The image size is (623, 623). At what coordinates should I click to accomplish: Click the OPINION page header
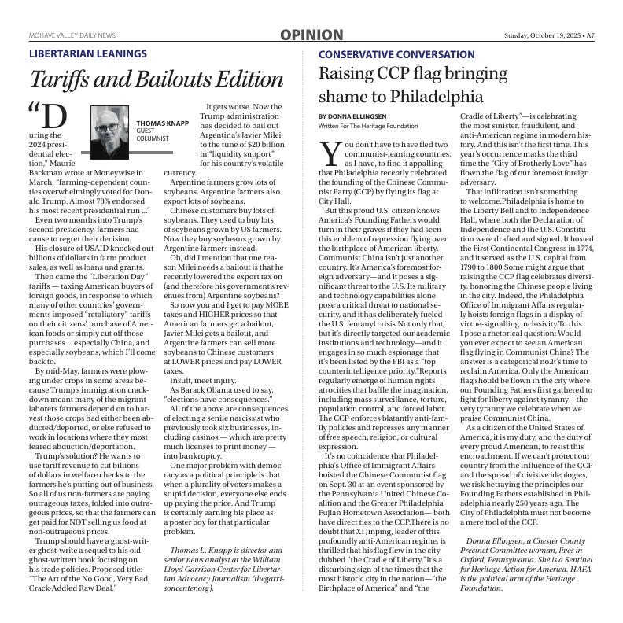tap(311, 35)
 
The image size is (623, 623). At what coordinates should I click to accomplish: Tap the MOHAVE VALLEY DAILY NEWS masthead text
tap(72, 35)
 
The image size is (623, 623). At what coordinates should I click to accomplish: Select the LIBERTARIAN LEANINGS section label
tap(87, 54)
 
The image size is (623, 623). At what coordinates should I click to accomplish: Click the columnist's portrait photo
tap(109, 131)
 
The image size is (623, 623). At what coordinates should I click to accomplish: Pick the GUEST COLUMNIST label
tap(153, 135)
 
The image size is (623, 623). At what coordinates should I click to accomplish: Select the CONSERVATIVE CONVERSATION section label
tap(396, 54)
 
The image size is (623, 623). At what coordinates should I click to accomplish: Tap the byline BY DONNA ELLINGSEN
tap(352, 116)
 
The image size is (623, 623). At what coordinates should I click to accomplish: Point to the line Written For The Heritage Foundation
tap(368, 126)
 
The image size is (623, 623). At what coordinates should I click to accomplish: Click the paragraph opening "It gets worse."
tap(243, 106)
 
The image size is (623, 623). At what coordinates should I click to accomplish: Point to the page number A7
tap(589, 35)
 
